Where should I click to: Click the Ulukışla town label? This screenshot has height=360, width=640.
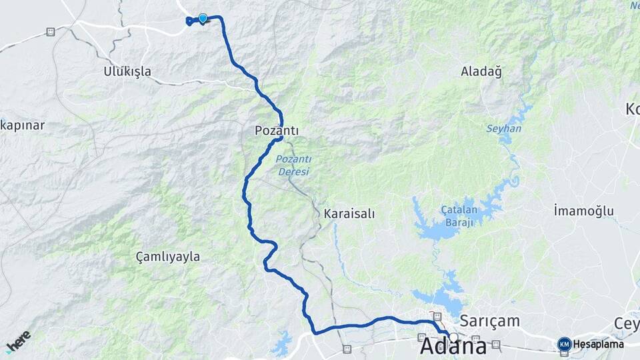point(127,71)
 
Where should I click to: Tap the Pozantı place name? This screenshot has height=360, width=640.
point(276,131)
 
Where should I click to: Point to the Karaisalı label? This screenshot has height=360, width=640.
point(349,214)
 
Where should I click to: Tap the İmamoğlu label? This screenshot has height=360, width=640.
point(583,211)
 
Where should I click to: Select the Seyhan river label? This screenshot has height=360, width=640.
point(503,129)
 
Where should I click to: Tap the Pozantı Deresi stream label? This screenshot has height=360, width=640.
point(293,165)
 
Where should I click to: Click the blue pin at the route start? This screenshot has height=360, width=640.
point(203,19)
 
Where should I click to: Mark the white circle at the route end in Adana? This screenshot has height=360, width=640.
point(453,337)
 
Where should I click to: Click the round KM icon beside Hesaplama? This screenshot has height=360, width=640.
point(564,344)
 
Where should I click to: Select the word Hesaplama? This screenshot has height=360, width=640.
point(598,344)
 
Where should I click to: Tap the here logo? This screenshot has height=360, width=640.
point(18,341)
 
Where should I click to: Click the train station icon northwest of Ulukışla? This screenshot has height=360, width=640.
point(51,31)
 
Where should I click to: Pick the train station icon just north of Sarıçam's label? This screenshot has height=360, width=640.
point(437,316)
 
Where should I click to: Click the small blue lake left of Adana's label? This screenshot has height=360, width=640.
point(282,344)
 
